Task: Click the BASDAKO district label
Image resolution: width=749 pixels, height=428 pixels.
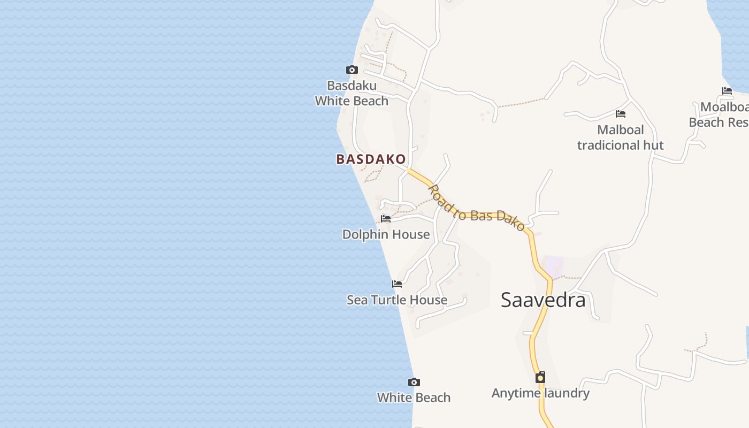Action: click(x=371, y=159)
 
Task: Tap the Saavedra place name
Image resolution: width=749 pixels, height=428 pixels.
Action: click(x=543, y=300)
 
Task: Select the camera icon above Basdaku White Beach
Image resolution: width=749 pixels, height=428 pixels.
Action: click(x=351, y=70)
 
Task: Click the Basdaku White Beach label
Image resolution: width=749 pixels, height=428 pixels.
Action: click(x=351, y=93)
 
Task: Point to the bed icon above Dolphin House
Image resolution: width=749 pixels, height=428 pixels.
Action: click(x=385, y=218)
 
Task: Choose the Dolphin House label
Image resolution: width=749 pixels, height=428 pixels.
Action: click(x=386, y=234)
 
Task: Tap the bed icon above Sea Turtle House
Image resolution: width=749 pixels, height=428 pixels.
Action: click(x=397, y=284)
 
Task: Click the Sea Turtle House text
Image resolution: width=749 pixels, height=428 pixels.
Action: click(x=397, y=300)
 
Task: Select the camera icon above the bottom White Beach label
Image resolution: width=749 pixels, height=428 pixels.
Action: click(x=414, y=382)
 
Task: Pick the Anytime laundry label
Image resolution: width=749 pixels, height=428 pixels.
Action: click(x=540, y=393)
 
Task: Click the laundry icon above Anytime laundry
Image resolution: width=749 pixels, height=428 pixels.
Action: click(x=540, y=377)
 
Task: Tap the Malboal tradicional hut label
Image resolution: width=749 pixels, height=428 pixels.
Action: click(x=621, y=137)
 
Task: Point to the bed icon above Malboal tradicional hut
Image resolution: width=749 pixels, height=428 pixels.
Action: click(x=621, y=113)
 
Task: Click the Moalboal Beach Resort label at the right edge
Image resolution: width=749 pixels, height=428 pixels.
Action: click(x=720, y=114)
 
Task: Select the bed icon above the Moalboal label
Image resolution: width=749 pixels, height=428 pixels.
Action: click(x=727, y=90)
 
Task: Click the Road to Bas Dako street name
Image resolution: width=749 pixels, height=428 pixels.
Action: click(x=476, y=209)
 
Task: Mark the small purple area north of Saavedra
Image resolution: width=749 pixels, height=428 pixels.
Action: click(x=553, y=265)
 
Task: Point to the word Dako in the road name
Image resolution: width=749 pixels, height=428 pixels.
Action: click(x=511, y=219)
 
